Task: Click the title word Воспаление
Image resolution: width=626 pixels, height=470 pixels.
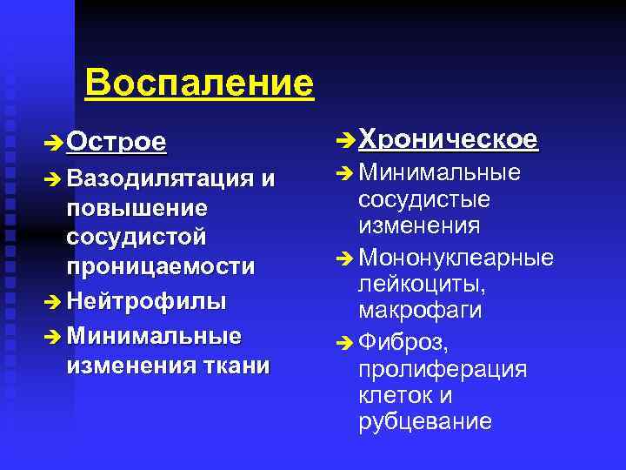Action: (199, 84)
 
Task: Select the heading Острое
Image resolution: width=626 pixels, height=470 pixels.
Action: (117, 141)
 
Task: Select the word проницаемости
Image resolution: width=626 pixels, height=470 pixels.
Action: (160, 266)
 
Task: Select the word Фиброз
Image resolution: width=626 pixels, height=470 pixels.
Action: (403, 341)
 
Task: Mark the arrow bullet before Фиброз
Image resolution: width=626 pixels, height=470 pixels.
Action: (344, 343)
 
